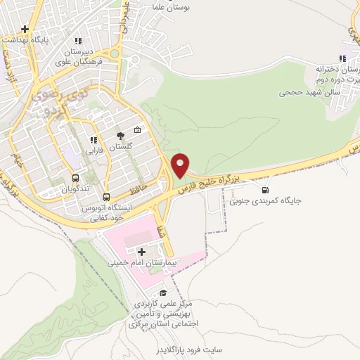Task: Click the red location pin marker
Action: click(x=181, y=165)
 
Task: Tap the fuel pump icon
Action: click(x=264, y=189)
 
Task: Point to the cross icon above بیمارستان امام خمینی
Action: click(x=142, y=251)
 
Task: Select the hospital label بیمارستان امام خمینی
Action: click(x=143, y=262)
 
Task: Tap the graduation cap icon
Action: click(x=164, y=293)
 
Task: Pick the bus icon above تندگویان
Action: click(x=75, y=178)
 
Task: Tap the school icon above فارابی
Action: click(x=94, y=140)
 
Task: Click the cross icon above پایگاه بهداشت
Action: click(x=25, y=30)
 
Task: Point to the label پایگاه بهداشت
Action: click(x=49, y=41)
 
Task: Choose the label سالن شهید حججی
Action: click(x=309, y=92)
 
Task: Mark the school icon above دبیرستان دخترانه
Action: click(x=342, y=59)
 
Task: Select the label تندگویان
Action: click(x=75, y=189)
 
